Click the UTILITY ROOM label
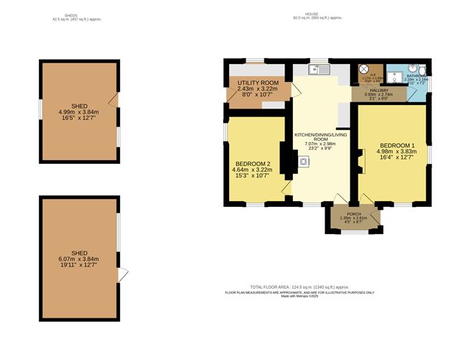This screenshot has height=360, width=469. (x=258, y=83)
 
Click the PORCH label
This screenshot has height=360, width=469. (x=353, y=213)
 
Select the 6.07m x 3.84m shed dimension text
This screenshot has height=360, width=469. (x=79, y=259)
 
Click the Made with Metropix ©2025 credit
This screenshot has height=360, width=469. (x=300, y=296)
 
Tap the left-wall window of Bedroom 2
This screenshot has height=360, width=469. (x=225, y=134)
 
